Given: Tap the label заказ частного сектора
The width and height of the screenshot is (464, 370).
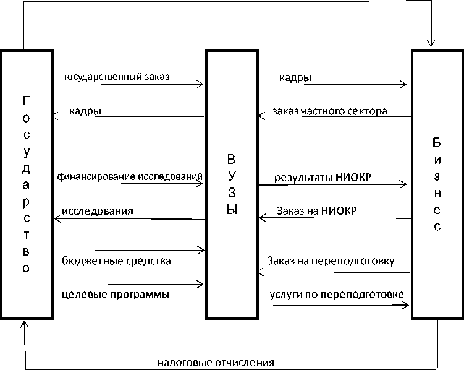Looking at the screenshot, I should pos(330,112).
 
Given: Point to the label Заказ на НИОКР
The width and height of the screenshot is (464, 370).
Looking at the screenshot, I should pos(316,210).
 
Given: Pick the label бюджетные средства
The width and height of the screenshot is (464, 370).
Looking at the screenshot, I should pos(117,260).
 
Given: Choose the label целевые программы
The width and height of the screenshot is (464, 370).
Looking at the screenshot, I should pos(116,295).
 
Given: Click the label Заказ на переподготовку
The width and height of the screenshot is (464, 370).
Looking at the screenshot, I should pos(331,260).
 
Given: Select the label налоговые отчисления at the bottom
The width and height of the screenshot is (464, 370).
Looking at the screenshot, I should pos(216,362).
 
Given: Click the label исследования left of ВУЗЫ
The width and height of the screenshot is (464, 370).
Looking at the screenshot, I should pos(98,211).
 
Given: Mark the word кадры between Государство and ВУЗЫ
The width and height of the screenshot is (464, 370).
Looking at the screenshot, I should pos(86,111).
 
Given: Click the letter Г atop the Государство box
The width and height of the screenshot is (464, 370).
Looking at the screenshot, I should pos(25,100).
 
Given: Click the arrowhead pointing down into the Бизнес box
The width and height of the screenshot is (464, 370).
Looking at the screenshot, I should pos(431,43).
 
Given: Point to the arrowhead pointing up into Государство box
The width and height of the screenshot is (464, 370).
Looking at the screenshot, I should pos(24,324).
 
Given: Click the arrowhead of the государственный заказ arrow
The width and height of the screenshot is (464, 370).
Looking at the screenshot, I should pos(200,84).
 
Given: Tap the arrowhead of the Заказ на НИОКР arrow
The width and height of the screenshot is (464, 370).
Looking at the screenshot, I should pos(262,217).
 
